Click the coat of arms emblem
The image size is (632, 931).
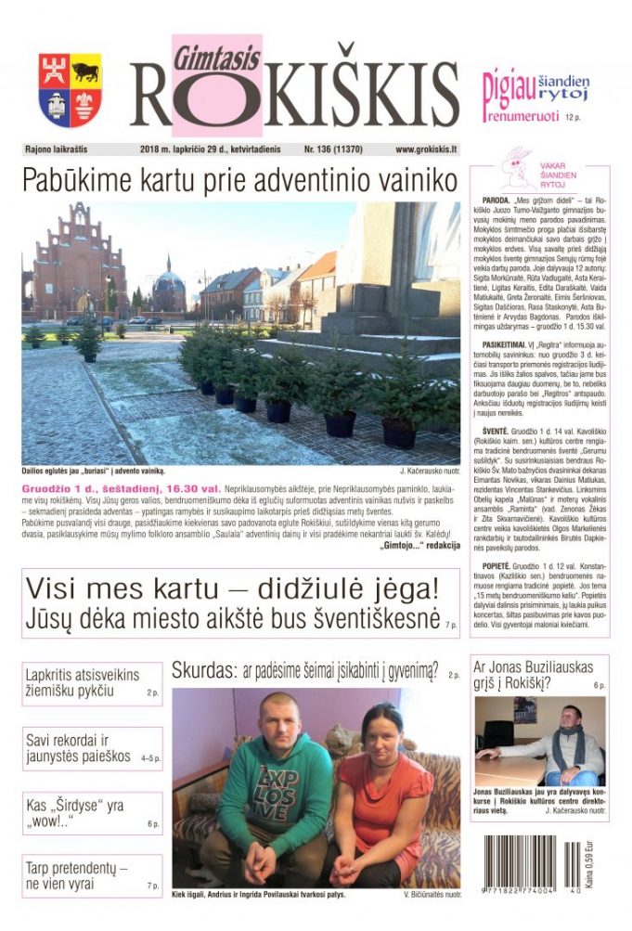70,90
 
